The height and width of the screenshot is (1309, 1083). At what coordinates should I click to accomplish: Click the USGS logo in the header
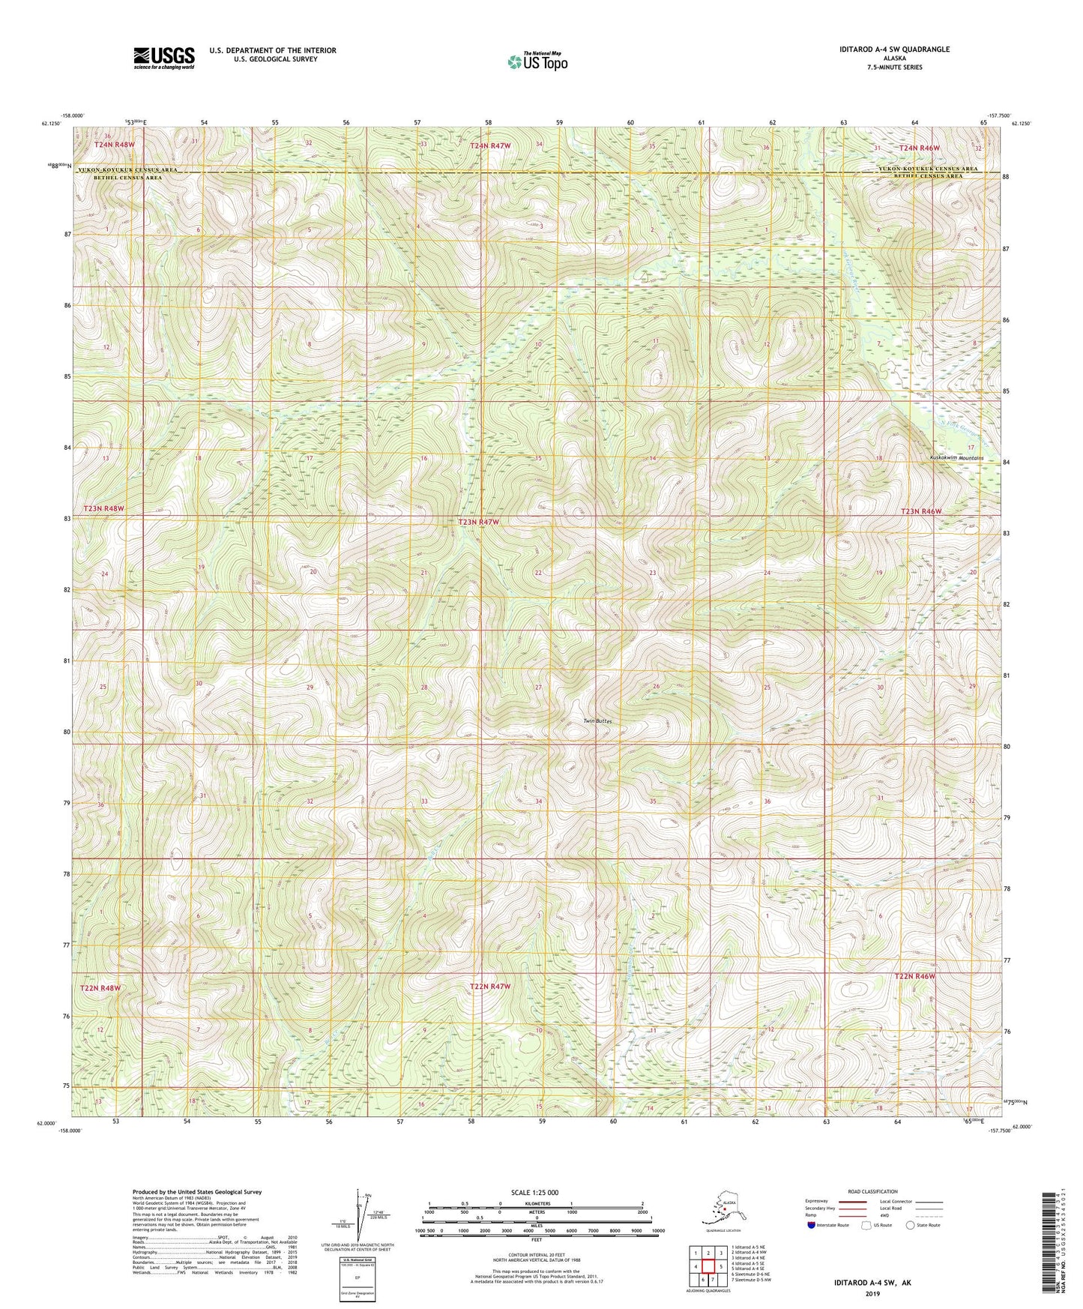pyautogui.click(x=164, y=58)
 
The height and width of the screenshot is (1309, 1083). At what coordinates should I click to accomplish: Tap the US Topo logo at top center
pyautogui.click(x=537, y=61)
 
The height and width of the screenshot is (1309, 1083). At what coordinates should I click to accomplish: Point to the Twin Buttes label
pyautogui.click(x=598, y=721)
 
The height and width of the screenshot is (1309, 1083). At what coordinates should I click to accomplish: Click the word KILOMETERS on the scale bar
pyautogui.click(x=536, y=1204)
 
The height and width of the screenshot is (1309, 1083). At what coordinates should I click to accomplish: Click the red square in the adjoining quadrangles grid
pyautogui.click(x=708, y=1266)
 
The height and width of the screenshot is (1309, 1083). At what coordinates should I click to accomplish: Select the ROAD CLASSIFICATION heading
pyautogui.click(x=874, y=1191)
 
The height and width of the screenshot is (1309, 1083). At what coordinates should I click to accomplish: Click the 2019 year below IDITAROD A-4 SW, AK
pyautogui.click(x=872, y=1293)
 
